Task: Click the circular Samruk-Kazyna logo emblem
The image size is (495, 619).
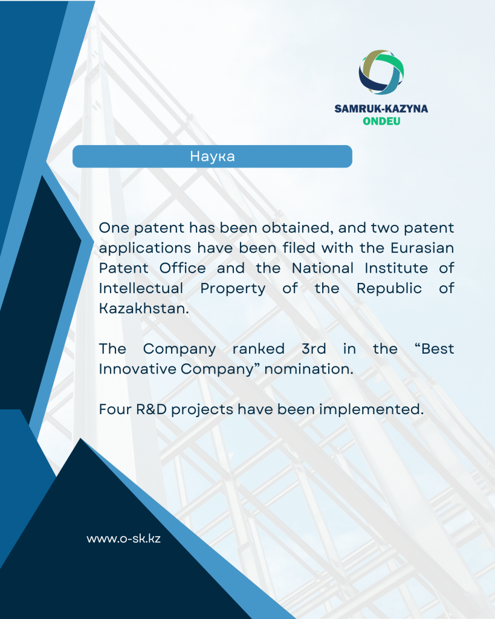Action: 381,73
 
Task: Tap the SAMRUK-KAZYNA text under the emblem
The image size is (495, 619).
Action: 381,109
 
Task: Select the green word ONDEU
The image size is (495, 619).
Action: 381,121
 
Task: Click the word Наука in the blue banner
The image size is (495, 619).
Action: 212,157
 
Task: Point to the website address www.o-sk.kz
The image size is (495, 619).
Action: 123,539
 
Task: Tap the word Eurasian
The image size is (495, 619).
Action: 422,248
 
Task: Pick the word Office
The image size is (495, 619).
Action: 183,268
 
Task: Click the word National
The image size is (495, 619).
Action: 323,268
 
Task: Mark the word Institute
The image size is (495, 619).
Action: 396,268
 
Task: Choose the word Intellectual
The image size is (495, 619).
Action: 141,288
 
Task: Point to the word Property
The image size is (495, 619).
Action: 233,289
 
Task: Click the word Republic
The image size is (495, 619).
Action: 389,289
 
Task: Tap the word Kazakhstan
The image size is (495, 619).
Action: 144,308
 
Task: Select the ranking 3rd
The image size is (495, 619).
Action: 314,349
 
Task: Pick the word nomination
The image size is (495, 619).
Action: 309,369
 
